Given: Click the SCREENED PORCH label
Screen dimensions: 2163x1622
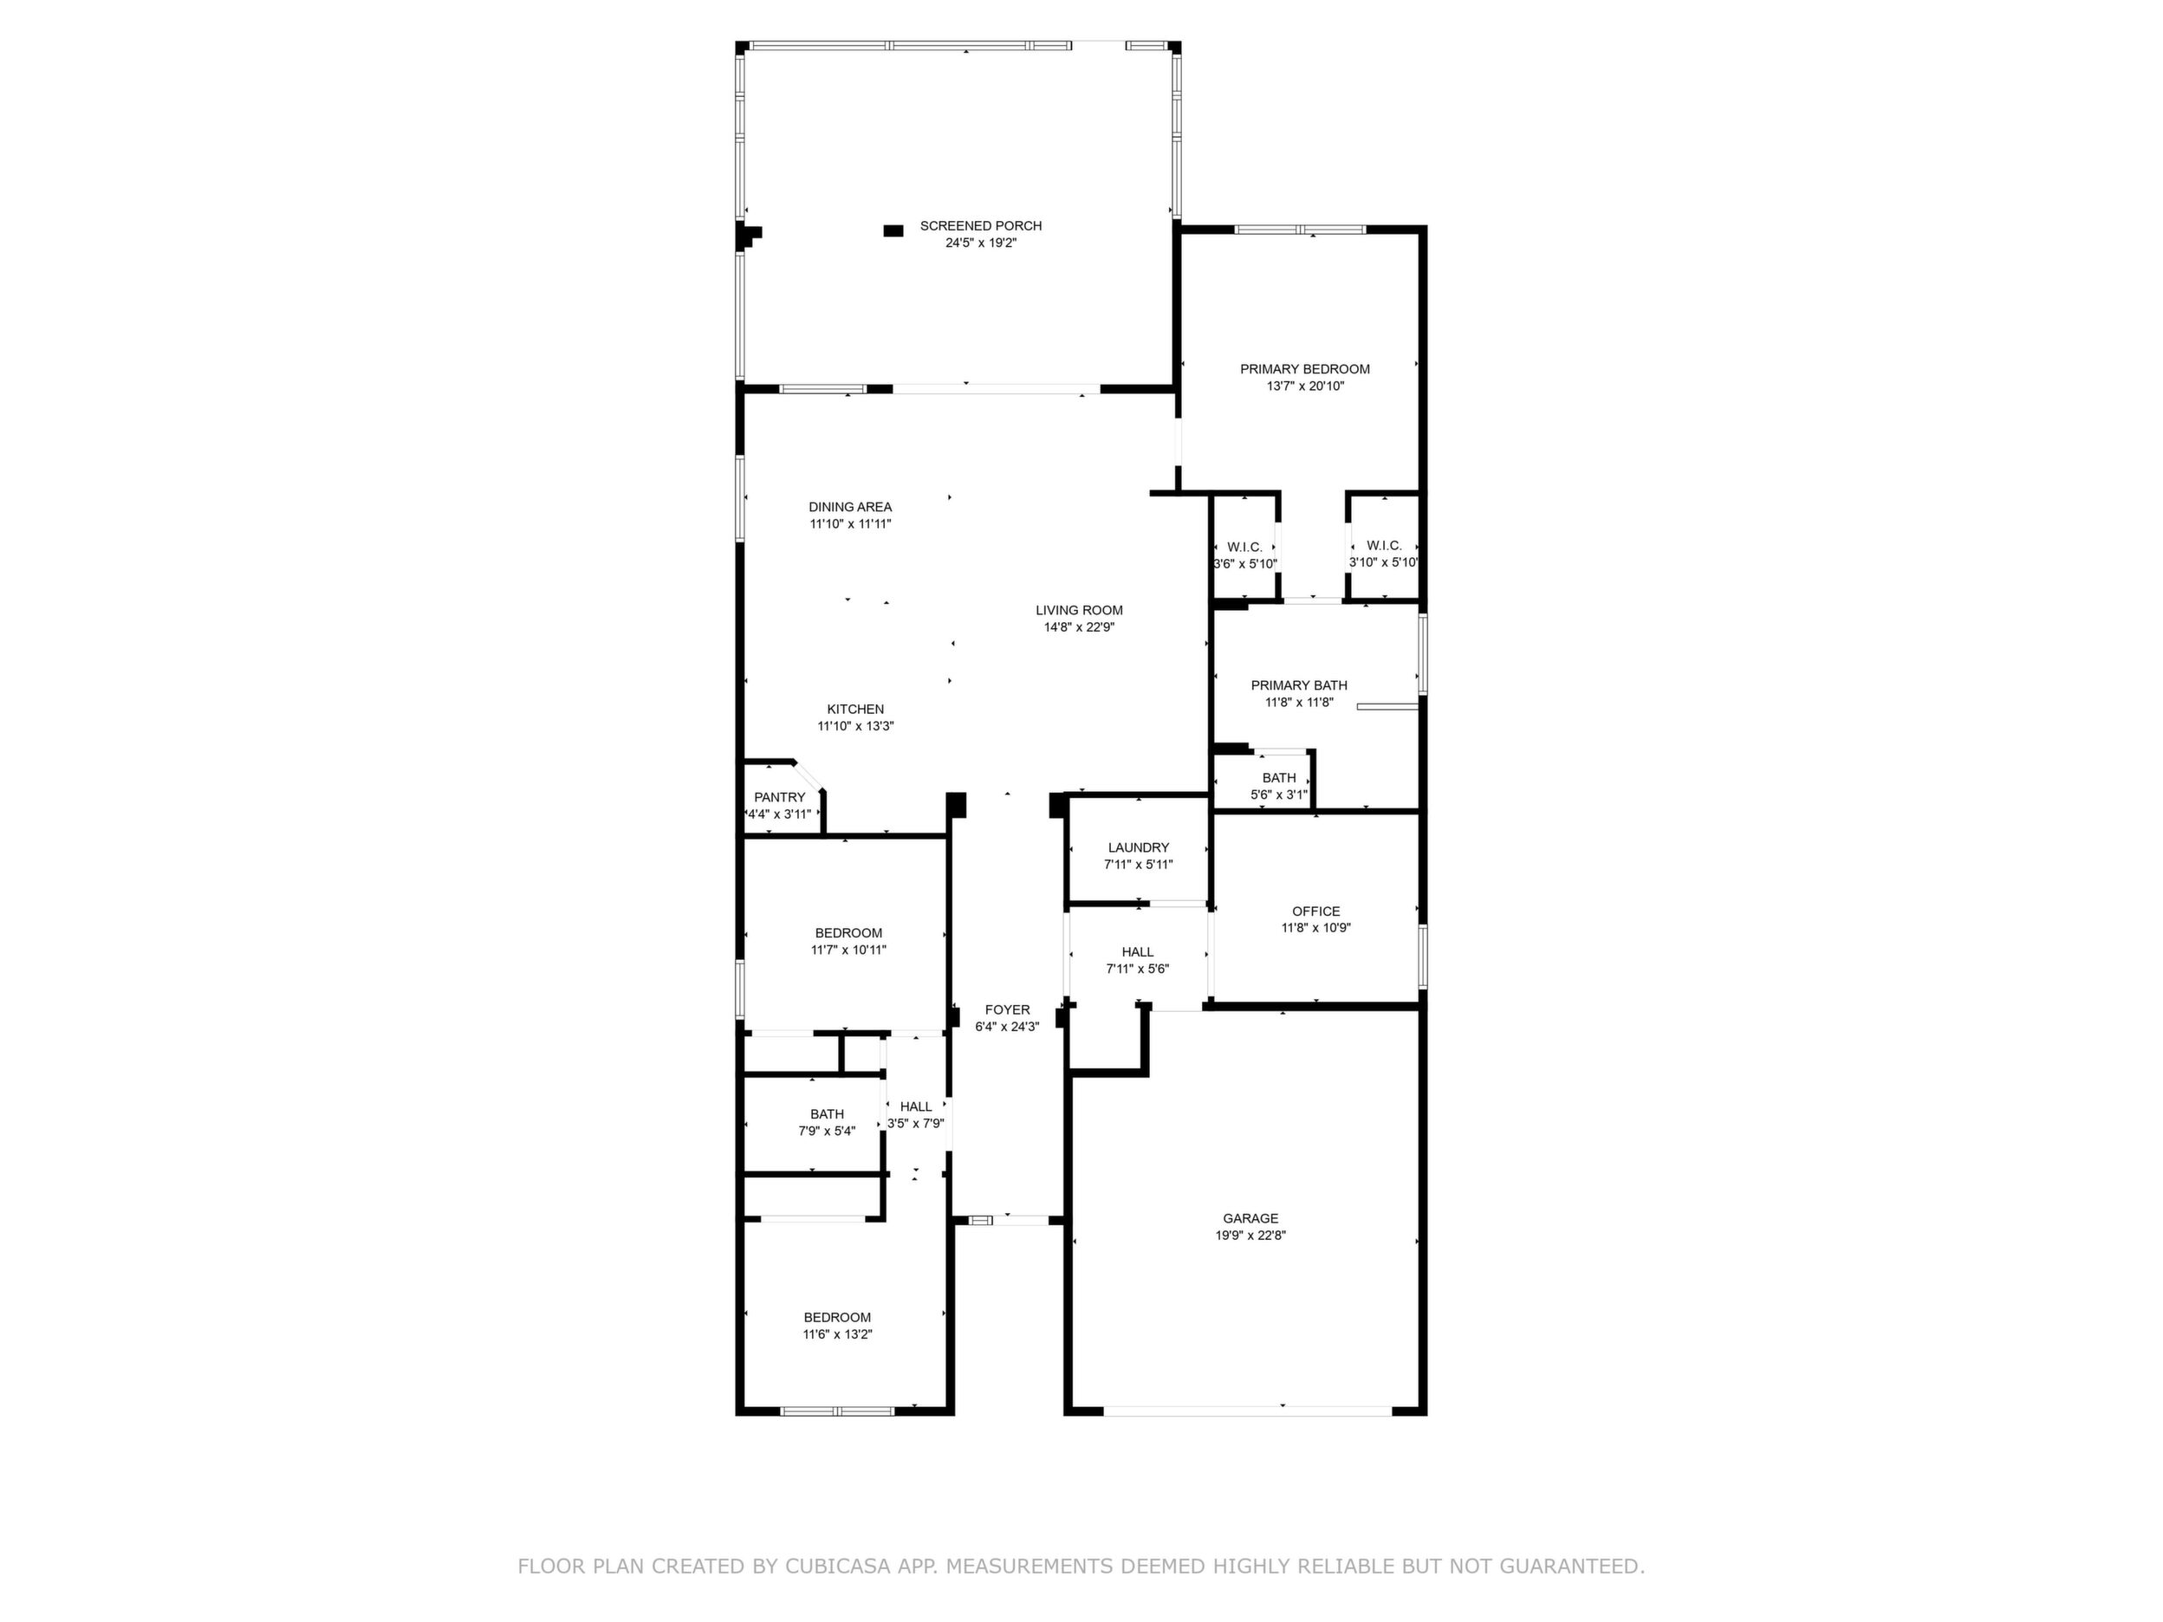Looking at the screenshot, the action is point(981,226).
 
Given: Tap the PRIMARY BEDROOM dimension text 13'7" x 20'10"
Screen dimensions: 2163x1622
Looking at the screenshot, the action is point(1305,386).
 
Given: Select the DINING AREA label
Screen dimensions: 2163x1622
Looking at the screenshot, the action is point(850,507).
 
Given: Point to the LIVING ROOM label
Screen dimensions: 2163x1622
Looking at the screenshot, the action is point(1080,610).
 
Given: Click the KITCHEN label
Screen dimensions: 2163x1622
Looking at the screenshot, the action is point(855,709).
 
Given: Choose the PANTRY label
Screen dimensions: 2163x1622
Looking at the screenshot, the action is point(779,797).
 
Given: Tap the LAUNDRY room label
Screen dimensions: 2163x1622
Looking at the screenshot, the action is point(1138,847).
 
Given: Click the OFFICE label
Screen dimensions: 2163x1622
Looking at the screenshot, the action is point(1316,912).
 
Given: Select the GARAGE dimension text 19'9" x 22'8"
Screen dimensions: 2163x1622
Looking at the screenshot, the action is point(1250,1235).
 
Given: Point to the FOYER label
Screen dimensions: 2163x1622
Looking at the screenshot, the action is point(1007,1010).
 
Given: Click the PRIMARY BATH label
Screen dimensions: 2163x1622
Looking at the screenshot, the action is point(1299,685).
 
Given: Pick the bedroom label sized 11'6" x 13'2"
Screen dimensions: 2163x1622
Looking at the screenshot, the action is point(837,1317).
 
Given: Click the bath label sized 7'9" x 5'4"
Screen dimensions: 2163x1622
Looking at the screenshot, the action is point(828,1113).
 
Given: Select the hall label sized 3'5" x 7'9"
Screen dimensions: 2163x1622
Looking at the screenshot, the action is point(916,1106).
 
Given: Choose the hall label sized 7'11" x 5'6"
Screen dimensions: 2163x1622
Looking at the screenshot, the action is point(1137,951).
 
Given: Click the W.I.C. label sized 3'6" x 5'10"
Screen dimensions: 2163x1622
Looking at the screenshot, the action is point(1244,547).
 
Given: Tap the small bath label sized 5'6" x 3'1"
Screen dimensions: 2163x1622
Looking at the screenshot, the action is point(1279,778).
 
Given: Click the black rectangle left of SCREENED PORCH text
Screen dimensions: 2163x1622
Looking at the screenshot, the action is point(893,230).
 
